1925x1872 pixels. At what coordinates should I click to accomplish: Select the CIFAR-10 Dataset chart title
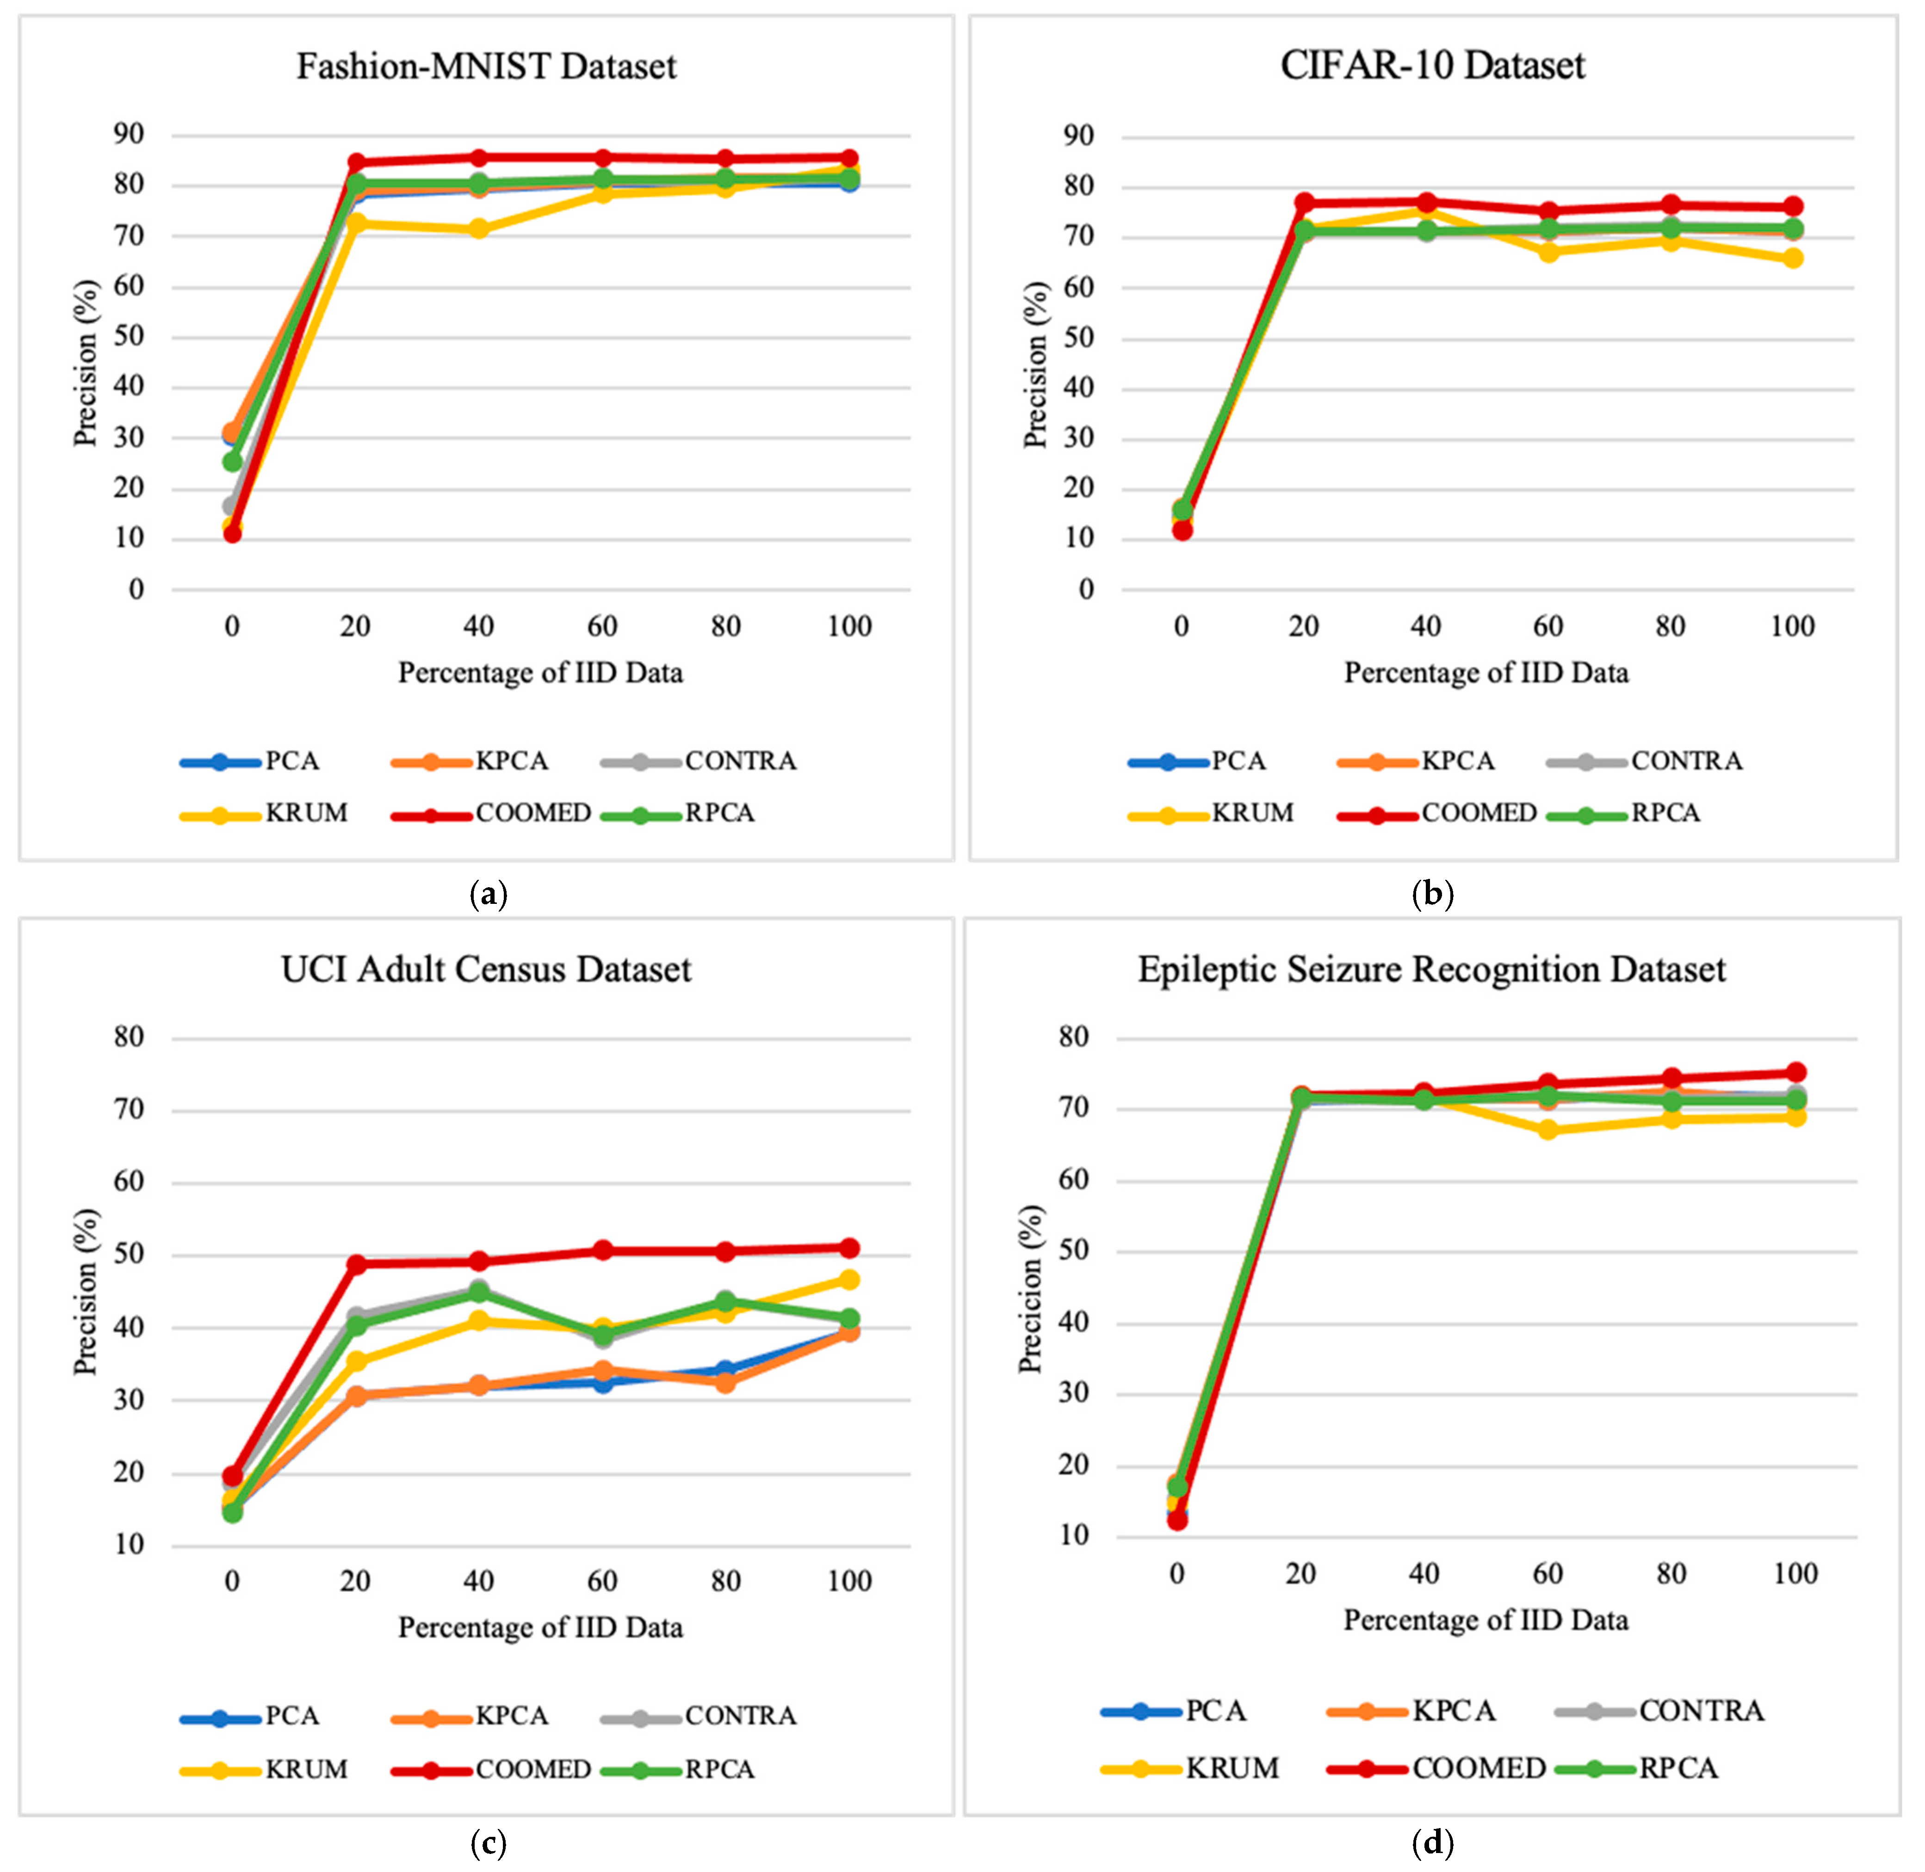point(1432,66)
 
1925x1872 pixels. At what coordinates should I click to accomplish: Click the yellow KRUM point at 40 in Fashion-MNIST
point(479,229)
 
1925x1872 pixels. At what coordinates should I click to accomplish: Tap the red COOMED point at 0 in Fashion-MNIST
point(232,533)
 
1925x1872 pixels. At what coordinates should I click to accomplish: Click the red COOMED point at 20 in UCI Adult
point(356,1264)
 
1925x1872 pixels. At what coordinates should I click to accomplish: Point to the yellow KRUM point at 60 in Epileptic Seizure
point(1547,1130)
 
